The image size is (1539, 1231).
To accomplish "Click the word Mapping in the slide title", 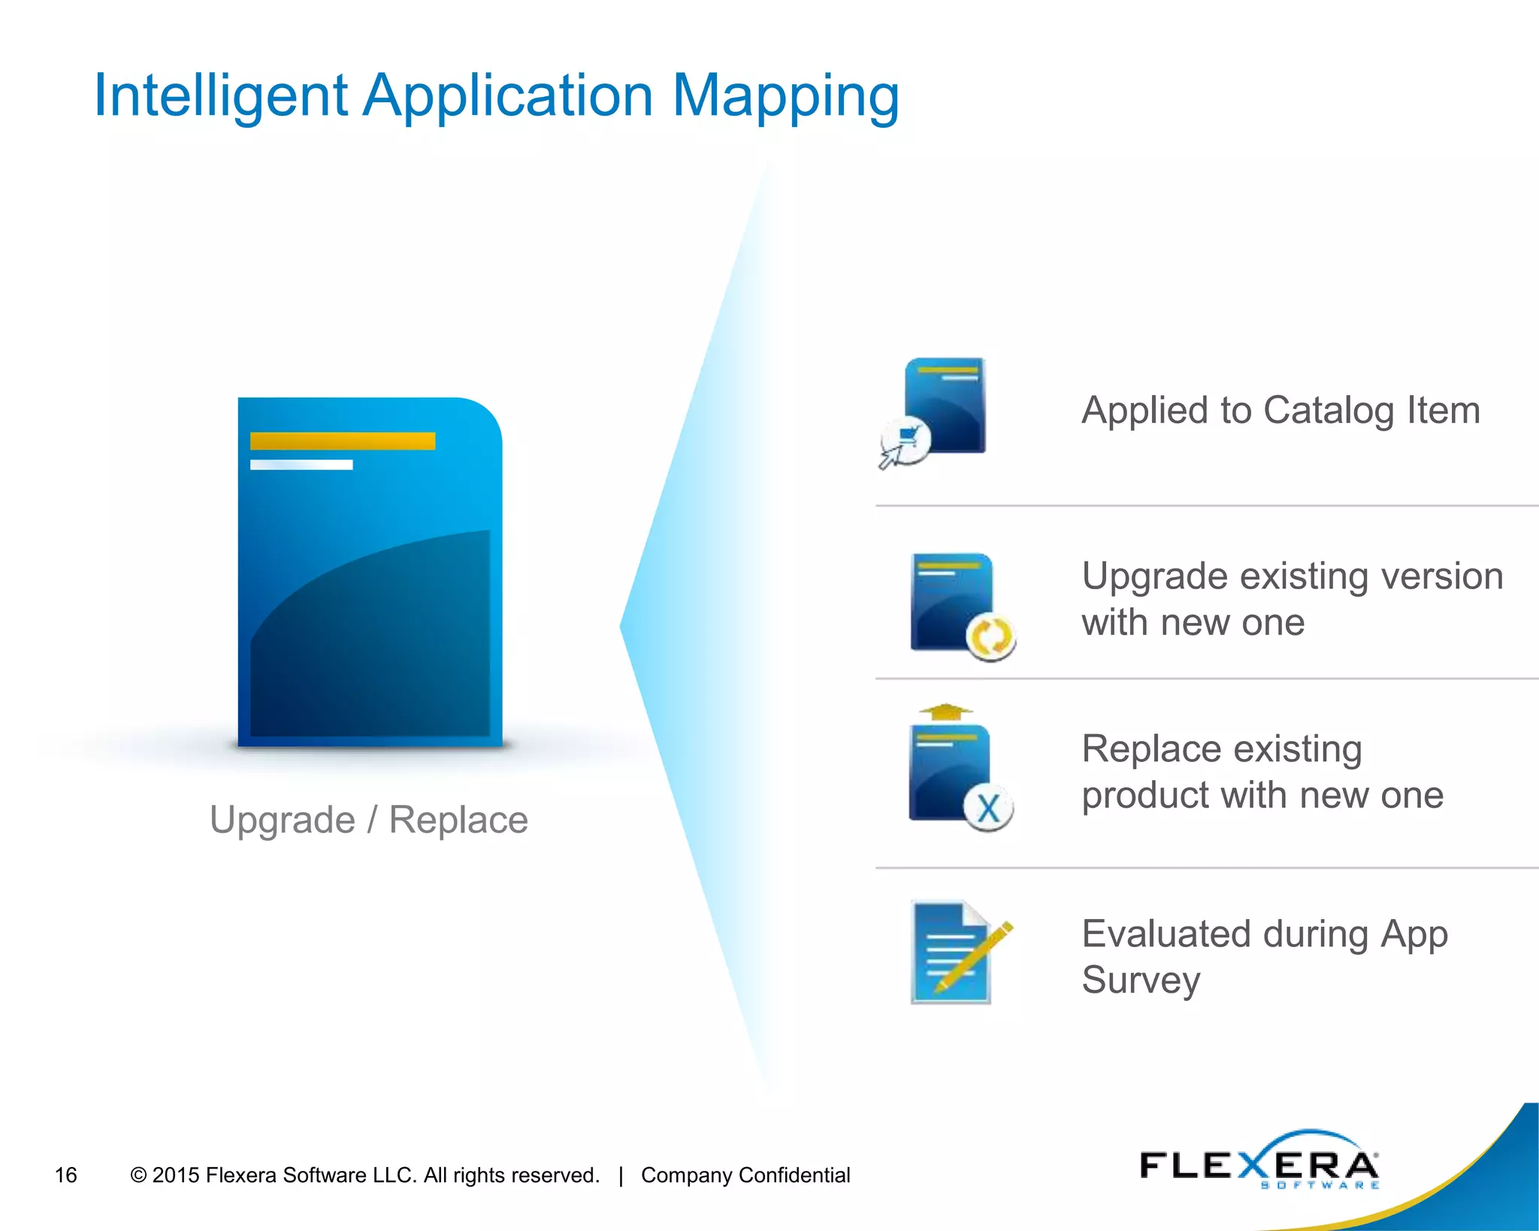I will [785, 98].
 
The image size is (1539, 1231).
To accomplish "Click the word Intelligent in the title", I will [220, 98].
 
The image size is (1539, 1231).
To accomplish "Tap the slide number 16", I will [66, 1175].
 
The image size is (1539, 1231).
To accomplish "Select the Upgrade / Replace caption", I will [368, 819].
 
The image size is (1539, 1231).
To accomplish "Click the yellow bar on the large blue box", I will [343, 441].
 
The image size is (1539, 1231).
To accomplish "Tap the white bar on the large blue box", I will [301, 465].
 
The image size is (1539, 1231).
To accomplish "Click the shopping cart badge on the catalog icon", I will [906, 440].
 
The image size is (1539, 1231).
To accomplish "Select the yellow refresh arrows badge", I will [991, 637].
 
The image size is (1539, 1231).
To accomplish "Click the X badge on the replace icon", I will [988, 809].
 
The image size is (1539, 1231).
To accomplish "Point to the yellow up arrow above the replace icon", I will [945, 711].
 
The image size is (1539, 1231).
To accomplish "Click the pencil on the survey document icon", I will [974, 955].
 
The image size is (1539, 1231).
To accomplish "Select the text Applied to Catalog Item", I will [1280, 410].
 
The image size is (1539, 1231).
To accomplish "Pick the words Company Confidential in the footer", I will [745, 1175].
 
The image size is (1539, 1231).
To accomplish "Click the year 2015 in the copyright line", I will [176, 1175].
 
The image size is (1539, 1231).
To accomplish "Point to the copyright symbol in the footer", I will [138, 1175].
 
